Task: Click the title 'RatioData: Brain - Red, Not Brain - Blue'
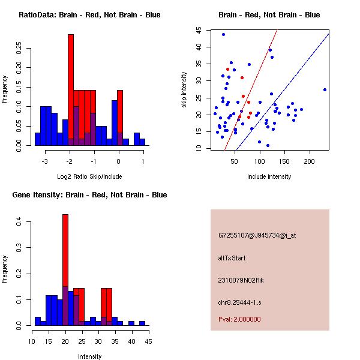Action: point(89,15)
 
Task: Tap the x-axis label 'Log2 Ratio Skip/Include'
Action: point(89,176)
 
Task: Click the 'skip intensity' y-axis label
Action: point(185,90)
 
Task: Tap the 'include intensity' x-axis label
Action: point(269,176)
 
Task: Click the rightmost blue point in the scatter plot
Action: point(325,89)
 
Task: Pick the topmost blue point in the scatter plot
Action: point(223,34)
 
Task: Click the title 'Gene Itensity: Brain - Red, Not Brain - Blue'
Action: point(89,195)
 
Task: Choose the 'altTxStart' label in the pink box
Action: point(232,258)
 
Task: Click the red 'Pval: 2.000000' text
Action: point(239,319)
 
